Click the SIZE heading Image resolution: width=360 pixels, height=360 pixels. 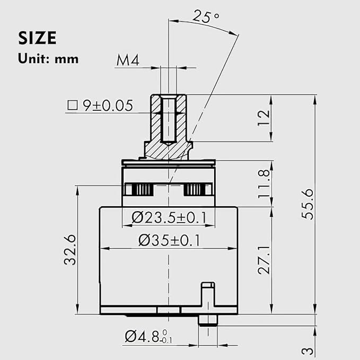pyautogui.click(x=38, y=39)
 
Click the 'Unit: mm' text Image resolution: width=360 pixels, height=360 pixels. pyautogui.click(x=48, y=59)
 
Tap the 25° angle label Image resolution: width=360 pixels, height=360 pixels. pyautogui.click(x=206, y=16)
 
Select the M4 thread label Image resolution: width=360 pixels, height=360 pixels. pyautogui.click(x=127, y=61)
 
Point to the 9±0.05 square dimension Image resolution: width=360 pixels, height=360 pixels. pyautogui.click(x=107, y=106)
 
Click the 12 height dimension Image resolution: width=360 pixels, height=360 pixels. pyautogui.click(x=264, y=118)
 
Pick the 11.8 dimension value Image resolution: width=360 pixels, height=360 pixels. pyautogui.click(x=264, y=184)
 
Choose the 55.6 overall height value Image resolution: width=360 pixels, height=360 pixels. pyautogui.click(x=308, y=204)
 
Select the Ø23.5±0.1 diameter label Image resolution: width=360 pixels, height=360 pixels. pyautogui.click(x=169, y=217)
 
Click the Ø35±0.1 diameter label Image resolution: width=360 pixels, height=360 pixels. pyautogui.click(x=169, y=240)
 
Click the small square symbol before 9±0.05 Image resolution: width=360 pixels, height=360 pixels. pyautogui.click(x=72, y=105)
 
